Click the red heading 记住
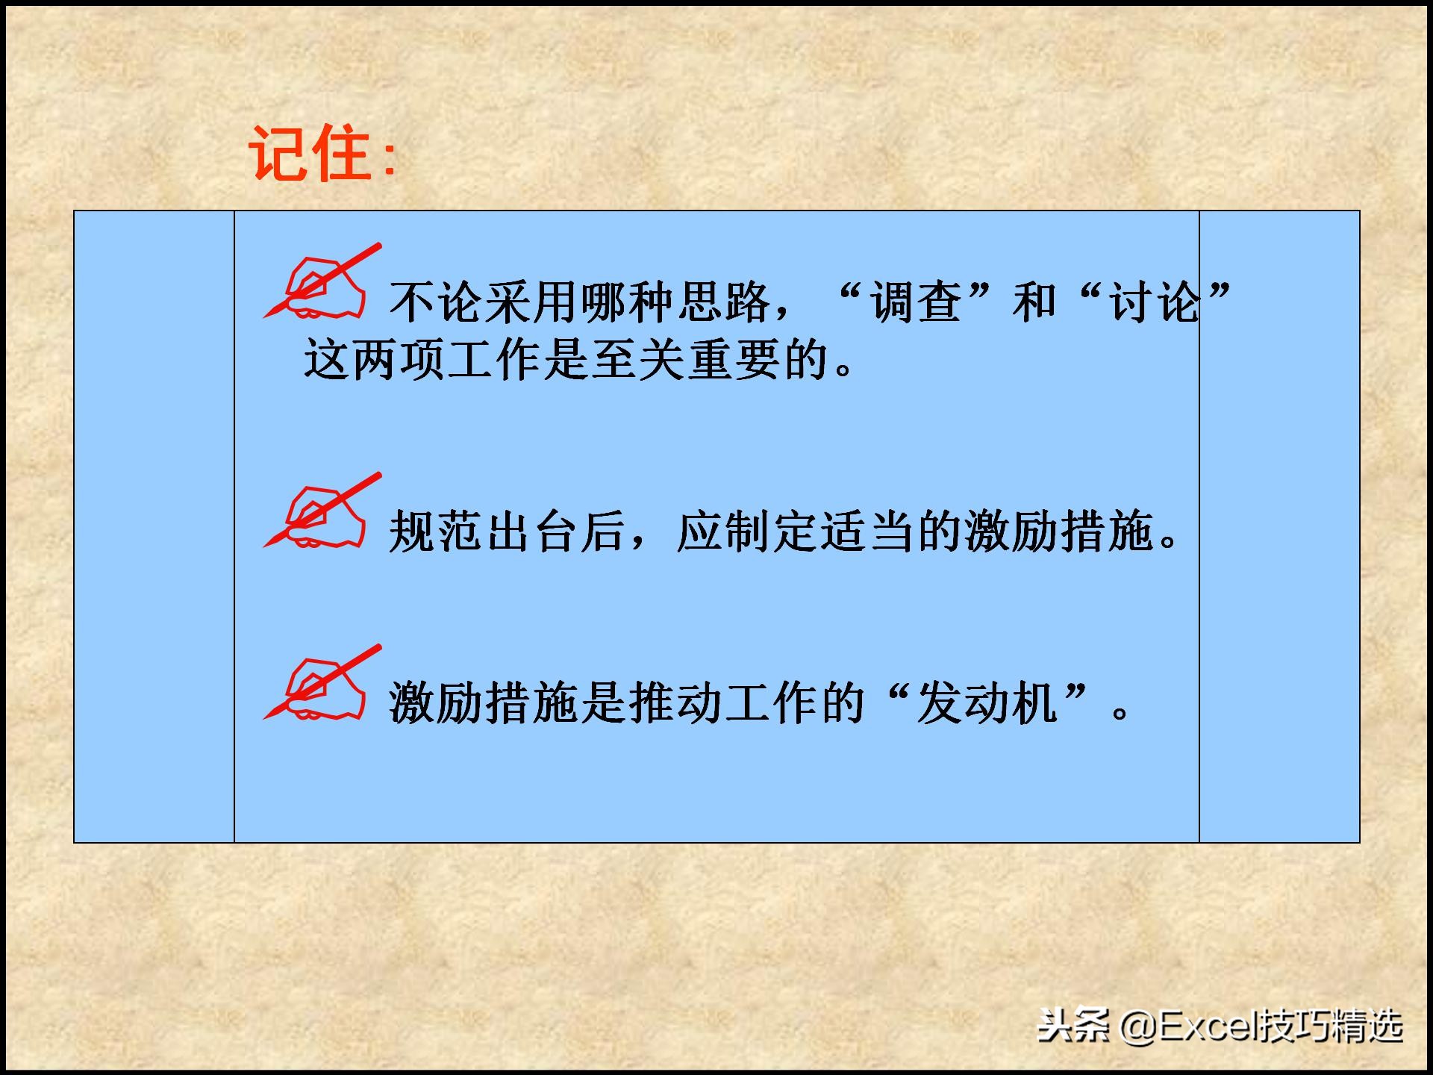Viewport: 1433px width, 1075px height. pyautogui.click(x=310, y=154)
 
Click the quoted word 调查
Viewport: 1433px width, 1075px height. pyautogui.click(x=916, y=303)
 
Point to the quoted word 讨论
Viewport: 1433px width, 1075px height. pyautogui.click(x=1155, y=303)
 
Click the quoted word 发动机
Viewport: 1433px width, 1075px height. pyautogui.click(x=987, y=704)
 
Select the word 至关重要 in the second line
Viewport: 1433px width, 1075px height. pyautogui.click(x=687, y=361)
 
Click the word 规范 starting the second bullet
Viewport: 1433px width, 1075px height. pyautogui.click(x=437, y=532)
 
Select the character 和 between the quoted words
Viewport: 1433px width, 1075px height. pyautogui.click(x=1034, y=303)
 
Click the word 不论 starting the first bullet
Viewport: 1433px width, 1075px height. pyautogui.click(x=437, y=303)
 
